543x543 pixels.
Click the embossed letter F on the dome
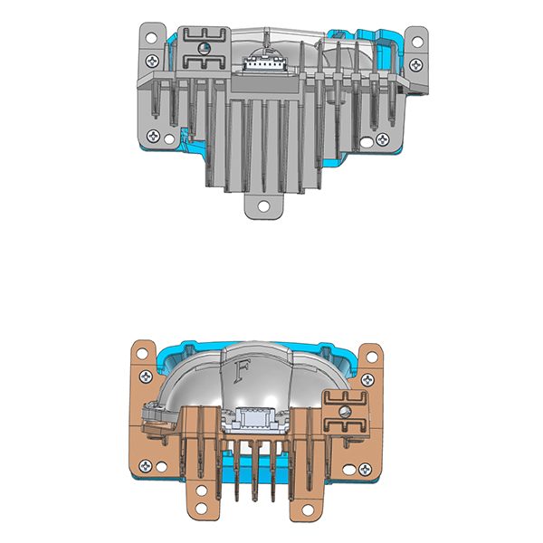(x=242, y=370)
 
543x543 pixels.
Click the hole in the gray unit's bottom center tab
(x=262, y=205)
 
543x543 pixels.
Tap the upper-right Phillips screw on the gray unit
(x=415, y=64)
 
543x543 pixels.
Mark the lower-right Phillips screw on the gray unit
(x=385, y=138)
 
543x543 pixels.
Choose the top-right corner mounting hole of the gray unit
(x=418, y=40)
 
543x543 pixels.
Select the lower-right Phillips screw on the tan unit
(x=365, y=468)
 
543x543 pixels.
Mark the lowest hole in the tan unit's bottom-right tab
(x=306, y=514)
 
